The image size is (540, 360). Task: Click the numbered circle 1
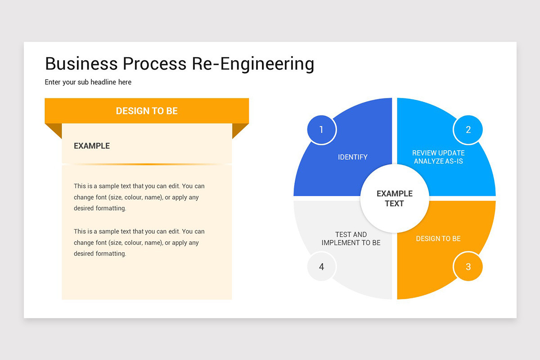[321, 130]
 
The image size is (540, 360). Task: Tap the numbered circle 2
[468, 130]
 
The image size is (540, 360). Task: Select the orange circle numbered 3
[468, 266]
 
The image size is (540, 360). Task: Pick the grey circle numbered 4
[321, 266]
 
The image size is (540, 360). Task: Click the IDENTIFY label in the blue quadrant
[353, 157]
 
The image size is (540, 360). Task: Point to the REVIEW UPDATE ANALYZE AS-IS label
[438, 157]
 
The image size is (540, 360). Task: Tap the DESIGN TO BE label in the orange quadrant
[438, 238]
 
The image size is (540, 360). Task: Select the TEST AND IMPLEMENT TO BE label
[351, 238]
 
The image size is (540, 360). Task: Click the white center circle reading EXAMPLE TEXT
[394, 198]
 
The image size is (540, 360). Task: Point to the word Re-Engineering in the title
[253, 63]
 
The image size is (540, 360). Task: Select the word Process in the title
[154, 63]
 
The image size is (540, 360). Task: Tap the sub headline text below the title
[88, 82]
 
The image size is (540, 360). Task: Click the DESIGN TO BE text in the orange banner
[147, 111]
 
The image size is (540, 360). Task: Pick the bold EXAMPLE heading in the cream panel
[92, 146]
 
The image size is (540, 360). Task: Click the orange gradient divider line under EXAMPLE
[147, 164]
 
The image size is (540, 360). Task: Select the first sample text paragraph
[139, 197]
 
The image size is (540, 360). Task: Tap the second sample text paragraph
[139, 243]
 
